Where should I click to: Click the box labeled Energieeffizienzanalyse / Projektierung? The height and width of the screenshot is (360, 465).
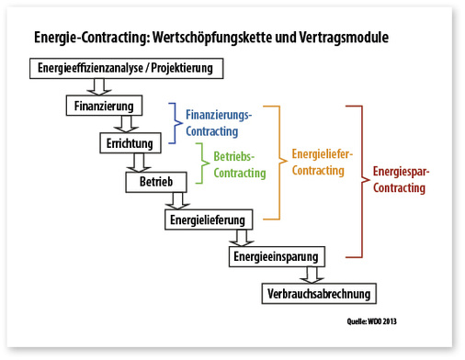(125, 69)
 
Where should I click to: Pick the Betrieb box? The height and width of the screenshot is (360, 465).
(155, 181)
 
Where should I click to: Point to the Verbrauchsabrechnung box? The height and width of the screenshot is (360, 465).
(317, 294)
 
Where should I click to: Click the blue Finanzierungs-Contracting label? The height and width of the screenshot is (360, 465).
(218, 124)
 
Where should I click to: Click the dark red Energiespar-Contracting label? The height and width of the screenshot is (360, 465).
(402, 180)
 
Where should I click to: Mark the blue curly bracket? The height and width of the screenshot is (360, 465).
(175, 124)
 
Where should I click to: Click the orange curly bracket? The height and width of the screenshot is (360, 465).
(273, 162)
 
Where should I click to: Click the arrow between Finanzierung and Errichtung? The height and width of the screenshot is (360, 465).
(129, 125)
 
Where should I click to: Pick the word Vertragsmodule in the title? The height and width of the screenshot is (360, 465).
(345, 39)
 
